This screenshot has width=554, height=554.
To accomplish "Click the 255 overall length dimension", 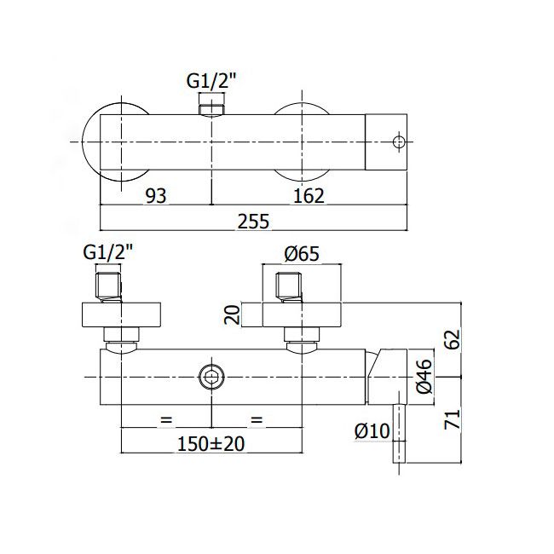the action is tap(253, 222).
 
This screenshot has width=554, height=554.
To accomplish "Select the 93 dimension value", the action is tap(156, 195).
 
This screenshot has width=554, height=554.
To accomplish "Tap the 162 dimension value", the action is tap(309, 195).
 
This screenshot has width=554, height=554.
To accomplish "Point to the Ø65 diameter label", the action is tap(302, 254).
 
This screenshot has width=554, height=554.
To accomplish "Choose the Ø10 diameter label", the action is tap(372, 430).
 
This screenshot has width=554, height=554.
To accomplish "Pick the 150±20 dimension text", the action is tap(211, 444).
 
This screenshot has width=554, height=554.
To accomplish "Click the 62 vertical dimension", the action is tap(453, 339).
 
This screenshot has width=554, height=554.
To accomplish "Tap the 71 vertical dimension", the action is tap(453, 419).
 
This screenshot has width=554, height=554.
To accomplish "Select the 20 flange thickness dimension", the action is tap(233, 315).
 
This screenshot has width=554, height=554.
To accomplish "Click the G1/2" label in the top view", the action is tap(211, 81).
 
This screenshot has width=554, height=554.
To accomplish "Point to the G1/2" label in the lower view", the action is tap(108, 252).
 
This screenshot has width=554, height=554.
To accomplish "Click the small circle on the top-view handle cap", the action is tap(399, 142).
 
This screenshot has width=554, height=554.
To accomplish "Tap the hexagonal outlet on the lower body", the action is tap(211, 377).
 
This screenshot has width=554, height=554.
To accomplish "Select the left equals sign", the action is tap(166, 420).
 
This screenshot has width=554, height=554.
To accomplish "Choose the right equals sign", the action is tap(257, 420).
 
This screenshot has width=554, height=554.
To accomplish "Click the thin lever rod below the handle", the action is tap(399, 434).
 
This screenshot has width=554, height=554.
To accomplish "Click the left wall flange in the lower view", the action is tap(122, 315).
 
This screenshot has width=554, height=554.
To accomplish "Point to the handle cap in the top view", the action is tap(386, 142).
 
